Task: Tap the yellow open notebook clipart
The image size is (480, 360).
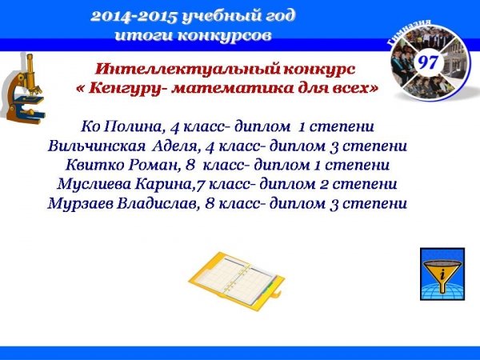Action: (236, 281)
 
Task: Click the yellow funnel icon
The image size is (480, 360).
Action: (442, 274)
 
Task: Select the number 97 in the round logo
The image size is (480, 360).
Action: (428, 62)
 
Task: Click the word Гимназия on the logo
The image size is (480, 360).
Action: (410, 31)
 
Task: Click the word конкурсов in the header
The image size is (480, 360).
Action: (224, 35)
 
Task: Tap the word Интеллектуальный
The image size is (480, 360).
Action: (187, 69)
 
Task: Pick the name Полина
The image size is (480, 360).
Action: (133, 126)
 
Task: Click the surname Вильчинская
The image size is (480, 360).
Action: (97, 146)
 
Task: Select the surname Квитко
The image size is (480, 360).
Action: (94, 166)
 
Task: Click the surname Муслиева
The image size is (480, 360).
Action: (94, 184)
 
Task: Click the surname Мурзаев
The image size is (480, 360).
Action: (81, 203)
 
